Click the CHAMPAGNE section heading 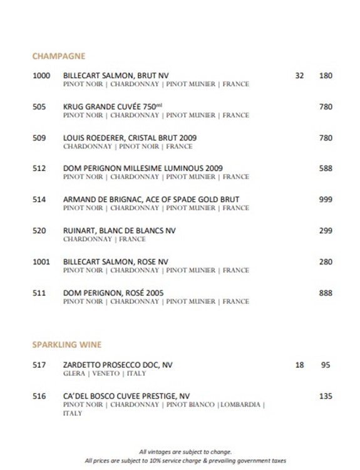click(x=58, y=56)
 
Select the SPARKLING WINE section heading click(x=66, y=345)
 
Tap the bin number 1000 click(x=41, y=76)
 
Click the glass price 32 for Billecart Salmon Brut click(x=299, y=76)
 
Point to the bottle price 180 click(x=326, y=76)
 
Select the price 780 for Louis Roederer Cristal click(x=326, y=138)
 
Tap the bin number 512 click(x=39, y=169)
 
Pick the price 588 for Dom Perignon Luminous click(x=326, y=169)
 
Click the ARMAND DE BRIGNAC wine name click(x=151, y=200)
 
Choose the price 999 click(x=326, y=200)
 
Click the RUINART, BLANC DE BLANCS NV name click(x=120, y=231)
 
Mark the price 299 click(x=326, y=231)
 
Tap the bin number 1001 click(x=41, y=262)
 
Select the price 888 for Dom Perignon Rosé click(x=326, y=293)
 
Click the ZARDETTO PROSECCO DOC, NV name click(x=118, y=365)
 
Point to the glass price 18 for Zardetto click(x=299, y=365)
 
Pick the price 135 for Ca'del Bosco click(x=326, y=396)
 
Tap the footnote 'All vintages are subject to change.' click(x=186, y=451)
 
